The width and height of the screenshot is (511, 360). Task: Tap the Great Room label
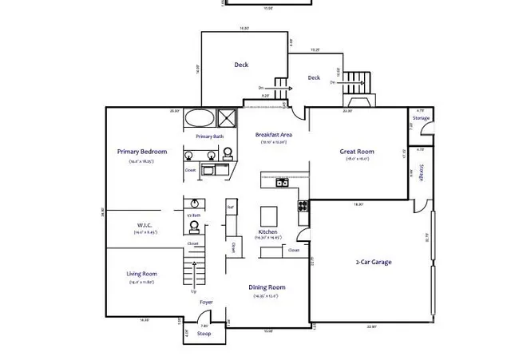pyautogui.click(x=357, y=151)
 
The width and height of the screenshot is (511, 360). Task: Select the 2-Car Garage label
pyautogui.click(x=373, y=262)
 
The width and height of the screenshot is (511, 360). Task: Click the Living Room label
pyautogui.click(x=141, y=274)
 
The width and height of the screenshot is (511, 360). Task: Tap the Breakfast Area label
pyautogui.click(x=273, y=135)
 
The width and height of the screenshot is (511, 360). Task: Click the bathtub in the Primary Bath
pyautogui.click(x=200, y=118)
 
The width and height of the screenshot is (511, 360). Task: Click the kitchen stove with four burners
pyautogui.click(x=303, y=206)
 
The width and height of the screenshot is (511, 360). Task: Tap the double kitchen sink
pyautogui.click(x=282, y=182)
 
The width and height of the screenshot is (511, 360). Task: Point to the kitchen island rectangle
pyautogui.click(x=268, y=216)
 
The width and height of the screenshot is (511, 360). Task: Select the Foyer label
pyautogui.click(x=206, y=303)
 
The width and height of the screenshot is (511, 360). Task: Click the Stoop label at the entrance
pyautogui.click(x=204, y=334)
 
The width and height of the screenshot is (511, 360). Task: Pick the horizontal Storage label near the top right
pyautogui.click(x=421, y=118)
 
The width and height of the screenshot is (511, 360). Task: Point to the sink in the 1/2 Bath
pyautogui.click(x=194, y=226)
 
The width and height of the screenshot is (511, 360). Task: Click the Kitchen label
pyautogui.click(x=267, y=231)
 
